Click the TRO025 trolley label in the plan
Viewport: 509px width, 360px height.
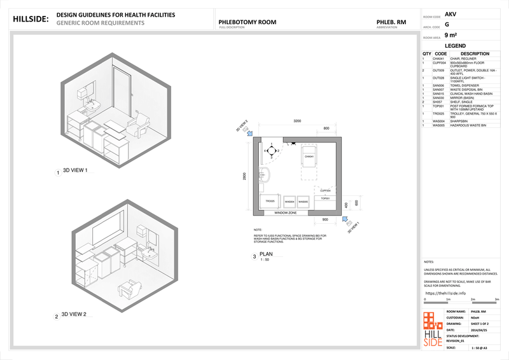tap(270, 201)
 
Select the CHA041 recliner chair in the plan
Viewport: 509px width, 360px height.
tap(309, 160)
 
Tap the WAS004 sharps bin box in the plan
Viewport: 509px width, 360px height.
tap(289, 201)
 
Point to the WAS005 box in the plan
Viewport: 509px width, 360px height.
tap(303, 201)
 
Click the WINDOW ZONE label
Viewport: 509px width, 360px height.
tap(286, 212)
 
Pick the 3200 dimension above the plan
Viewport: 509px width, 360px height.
tap(297, 120)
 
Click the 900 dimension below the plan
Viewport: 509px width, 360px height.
tap(326, 219)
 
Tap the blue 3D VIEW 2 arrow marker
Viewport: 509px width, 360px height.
tap(249, 133)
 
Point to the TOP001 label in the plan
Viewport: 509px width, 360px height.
tap(325, 198)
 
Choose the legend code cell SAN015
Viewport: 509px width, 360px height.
tap(440, 94)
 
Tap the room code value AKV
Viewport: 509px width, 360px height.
tap(450, 13)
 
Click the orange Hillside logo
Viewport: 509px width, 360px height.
tap(433, 328)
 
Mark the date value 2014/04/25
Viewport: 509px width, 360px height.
tap(478, 330)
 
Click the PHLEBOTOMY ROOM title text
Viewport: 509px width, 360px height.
tap(247, 22)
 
